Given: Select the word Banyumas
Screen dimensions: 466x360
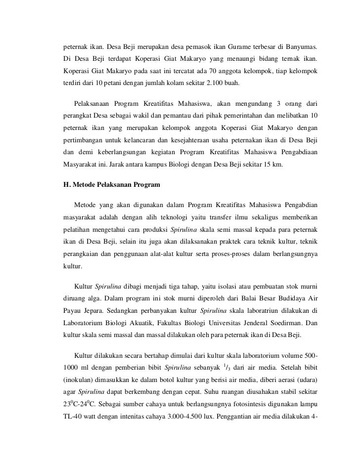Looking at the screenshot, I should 299,48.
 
